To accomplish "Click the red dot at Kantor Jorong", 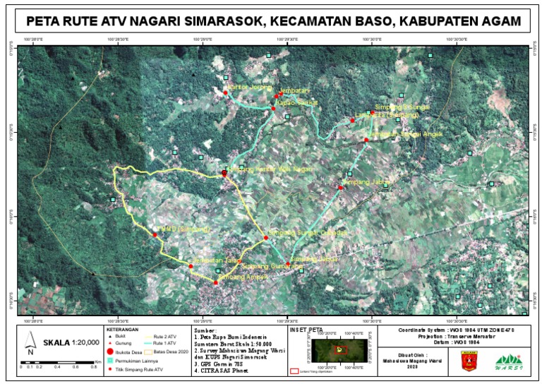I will click(224, 92).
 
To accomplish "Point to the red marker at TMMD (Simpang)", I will click(155, 234).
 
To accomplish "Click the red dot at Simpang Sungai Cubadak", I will click(266, 237).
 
